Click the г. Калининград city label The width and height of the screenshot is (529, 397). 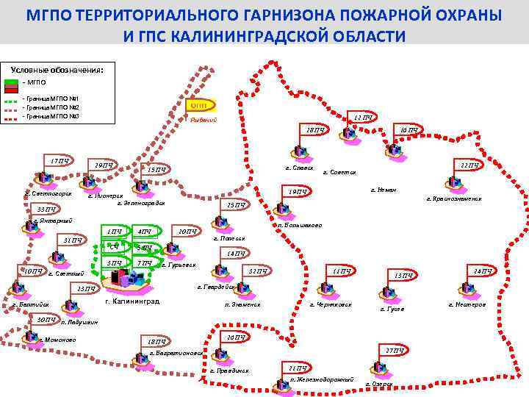(132, 301)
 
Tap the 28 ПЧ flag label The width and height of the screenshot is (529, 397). (315, 130)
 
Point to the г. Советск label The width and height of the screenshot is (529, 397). (339, 173)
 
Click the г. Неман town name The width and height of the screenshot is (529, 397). (384, 190)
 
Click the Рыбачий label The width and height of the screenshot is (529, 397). (203, 121)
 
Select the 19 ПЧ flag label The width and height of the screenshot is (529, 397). (298, 192)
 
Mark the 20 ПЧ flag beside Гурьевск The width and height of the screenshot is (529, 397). (187, 232)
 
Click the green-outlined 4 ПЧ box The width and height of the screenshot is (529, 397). (145, 232)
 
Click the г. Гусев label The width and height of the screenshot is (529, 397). (392, 309)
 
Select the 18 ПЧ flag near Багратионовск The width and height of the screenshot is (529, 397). (156, 341)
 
